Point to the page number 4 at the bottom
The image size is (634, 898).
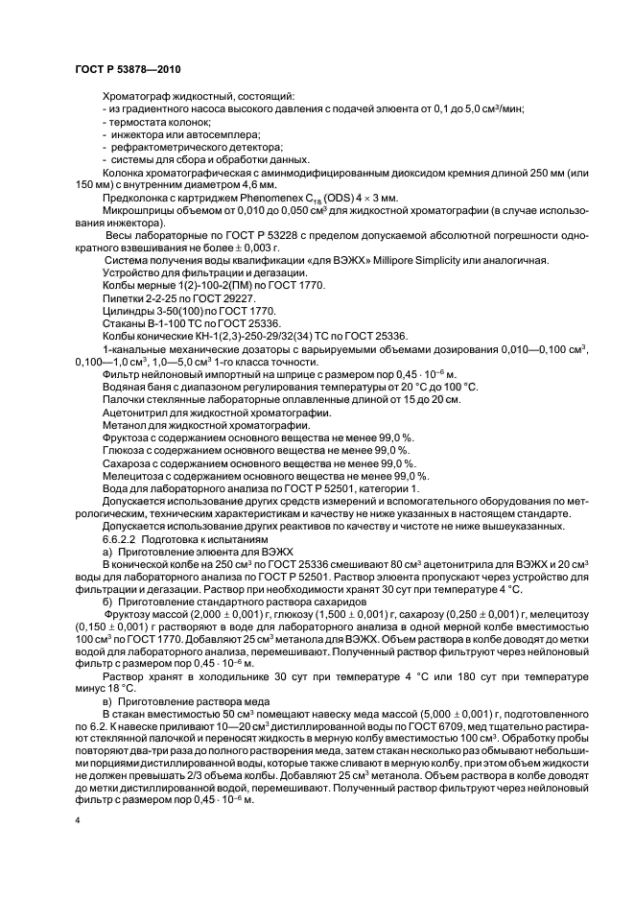tap(77, 821)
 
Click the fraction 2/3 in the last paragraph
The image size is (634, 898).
tap(207, 771)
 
